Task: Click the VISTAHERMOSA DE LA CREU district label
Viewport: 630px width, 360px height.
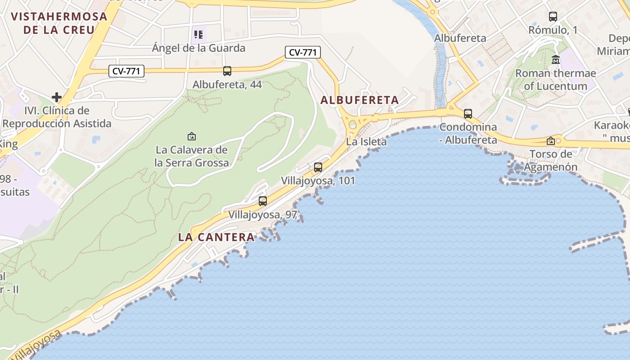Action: click(x=59, y=23)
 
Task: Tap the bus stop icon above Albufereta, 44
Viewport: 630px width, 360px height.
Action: click(x=227, y=71)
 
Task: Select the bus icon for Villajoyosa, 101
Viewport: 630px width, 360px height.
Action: click(x=318, y=167)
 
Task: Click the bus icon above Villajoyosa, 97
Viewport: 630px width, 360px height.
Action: click(x=263, y=201)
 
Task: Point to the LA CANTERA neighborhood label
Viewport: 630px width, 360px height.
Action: click(x=216, y=237)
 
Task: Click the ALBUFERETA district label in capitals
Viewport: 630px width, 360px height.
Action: click(x=360, y=100)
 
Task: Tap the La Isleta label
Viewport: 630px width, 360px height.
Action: click(x=366, y=142)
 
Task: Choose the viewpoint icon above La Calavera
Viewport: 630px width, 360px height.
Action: click(x=192, y=136)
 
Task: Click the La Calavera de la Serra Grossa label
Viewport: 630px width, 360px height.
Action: click(x=192, y=156)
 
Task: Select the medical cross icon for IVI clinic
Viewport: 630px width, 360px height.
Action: click(x=57, y=97)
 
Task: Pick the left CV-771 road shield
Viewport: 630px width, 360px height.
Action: click(x=126, y=71)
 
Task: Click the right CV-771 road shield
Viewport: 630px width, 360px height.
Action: click(x=303, y=52)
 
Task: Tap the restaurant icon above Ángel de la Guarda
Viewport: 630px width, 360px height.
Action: click(x=198, y=34)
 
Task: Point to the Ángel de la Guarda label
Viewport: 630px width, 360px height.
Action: click(x=198, y=48)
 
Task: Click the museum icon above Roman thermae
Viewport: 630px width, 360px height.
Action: click(x=556, y=59)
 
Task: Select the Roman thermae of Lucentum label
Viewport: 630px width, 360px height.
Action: click(x=556, y=80)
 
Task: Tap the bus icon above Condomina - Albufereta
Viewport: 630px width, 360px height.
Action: click(x=468, y=113)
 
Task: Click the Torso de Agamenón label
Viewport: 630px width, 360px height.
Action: click(x=553, y=161)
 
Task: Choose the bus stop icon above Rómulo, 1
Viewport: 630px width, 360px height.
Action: click(x=553, y=17)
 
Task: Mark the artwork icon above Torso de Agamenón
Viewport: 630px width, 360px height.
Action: click(x=550, y=141)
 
